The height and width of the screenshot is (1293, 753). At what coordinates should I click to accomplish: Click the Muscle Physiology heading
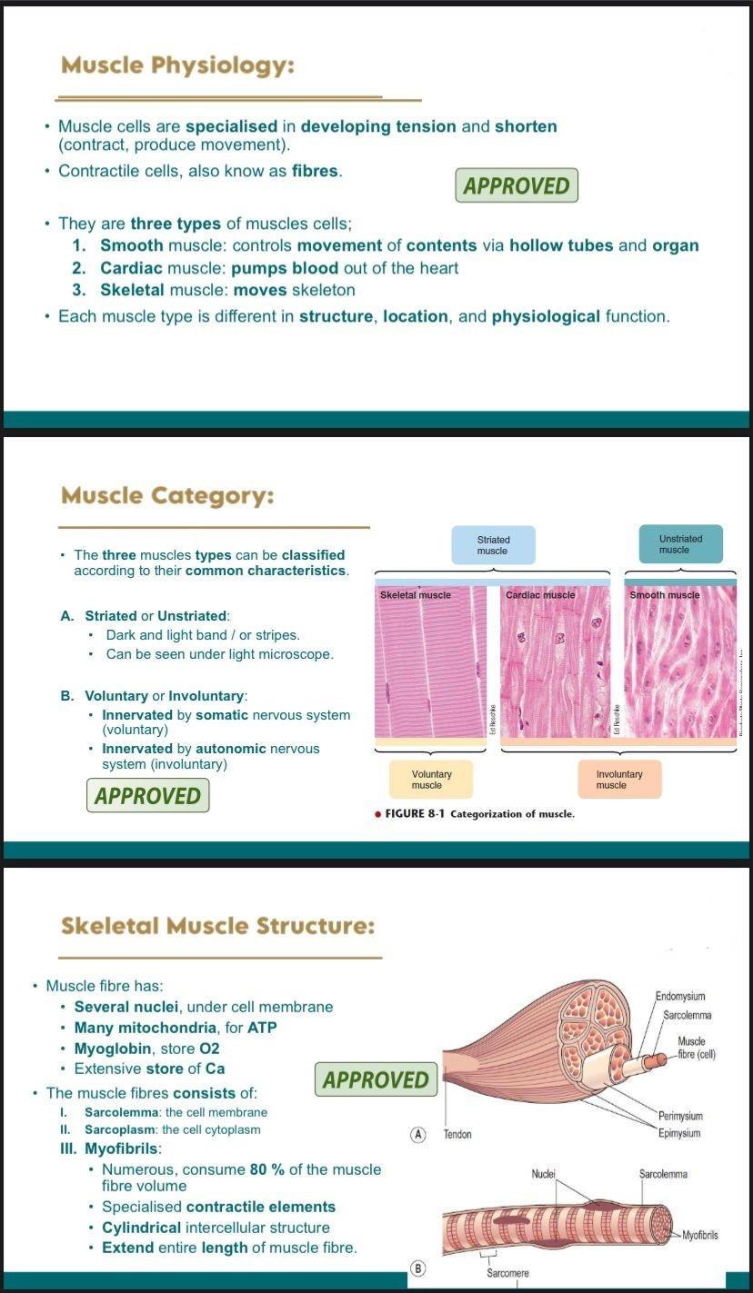point(178,65)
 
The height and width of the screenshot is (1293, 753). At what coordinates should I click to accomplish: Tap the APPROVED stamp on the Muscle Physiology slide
point(517,186)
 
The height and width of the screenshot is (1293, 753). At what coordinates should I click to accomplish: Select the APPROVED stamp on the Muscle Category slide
point(148,796)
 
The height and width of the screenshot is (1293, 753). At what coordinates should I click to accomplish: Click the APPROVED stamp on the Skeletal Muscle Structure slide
point(376,1080)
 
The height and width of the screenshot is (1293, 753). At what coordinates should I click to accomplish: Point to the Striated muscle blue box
point(493,545)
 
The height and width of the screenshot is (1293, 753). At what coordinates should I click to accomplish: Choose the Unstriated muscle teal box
point(680,544)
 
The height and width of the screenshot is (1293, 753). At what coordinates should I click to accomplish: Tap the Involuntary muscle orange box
point(618,780)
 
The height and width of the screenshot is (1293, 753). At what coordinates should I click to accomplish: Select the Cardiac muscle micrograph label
point(540,595)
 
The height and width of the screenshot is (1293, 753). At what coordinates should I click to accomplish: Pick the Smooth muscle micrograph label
point(665,595)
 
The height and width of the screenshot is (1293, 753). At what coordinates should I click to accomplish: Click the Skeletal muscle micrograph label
point(416,595)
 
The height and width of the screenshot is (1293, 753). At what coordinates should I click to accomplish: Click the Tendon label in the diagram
point(457,1135)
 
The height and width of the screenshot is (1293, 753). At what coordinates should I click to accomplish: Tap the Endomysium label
point(680,997)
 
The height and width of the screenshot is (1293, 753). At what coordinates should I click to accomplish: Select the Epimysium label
point(680,1133)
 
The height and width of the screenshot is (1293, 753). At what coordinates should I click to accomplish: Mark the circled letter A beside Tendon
point(418,1134)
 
